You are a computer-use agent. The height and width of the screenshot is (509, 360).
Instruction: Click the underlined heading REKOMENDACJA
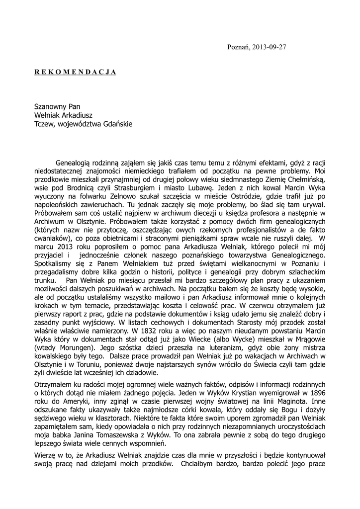click(75, 72)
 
